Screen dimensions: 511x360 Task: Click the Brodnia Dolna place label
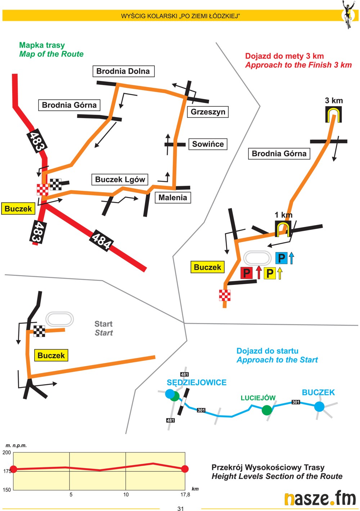123,71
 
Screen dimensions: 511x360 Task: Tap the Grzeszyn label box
208,112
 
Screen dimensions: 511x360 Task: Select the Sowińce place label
208,144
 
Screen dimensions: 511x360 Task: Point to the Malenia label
173,198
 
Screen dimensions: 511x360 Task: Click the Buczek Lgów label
120,180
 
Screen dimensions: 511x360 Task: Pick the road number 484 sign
102,240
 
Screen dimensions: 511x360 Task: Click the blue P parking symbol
282,258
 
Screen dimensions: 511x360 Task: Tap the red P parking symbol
246,273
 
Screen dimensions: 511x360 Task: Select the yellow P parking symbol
270,273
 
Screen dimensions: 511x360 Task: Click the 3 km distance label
334,100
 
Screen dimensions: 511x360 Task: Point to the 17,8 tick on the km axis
185,495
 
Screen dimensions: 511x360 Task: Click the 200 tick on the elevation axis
7,453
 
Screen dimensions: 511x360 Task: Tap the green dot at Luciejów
267,410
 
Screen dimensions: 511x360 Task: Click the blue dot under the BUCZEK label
319,407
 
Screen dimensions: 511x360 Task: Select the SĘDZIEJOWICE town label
197,382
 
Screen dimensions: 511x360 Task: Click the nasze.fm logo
320,499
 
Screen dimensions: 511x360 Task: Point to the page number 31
181,508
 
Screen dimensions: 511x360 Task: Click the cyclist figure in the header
348,14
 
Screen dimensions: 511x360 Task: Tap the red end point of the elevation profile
185,469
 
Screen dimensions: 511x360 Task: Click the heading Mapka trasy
42,45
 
